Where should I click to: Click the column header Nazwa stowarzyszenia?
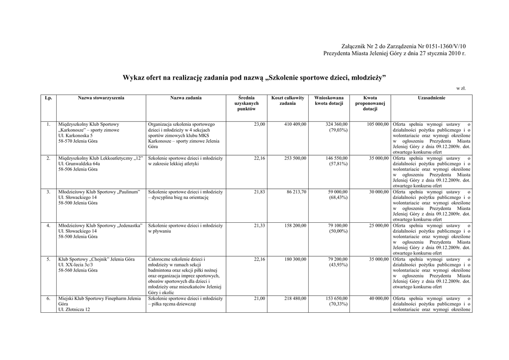tap(101, 98)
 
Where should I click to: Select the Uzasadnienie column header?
tap(431, 98)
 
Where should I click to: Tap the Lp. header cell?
tap(48, 98)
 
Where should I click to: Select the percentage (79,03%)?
tap(338, 130)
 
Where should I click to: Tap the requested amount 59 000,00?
tap(338, 191)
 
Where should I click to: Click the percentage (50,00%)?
tap(338, 231)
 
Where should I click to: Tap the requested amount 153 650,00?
tap(337, 298)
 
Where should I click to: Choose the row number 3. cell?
tap(48, 191)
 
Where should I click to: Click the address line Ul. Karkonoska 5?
tap(76, 135)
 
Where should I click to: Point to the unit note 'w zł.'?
tap(461, 89)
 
